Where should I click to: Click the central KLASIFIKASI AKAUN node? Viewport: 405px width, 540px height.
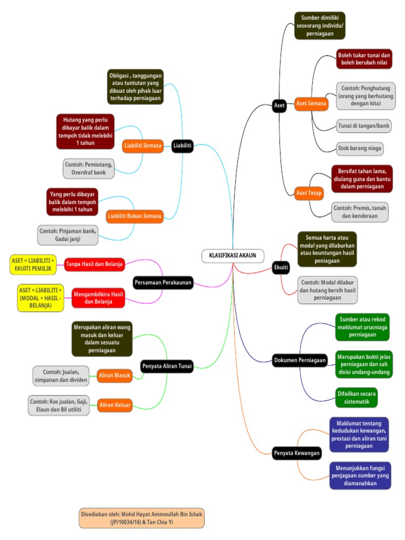pyautogui.click(x=233, y=256)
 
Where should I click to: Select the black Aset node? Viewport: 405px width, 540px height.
pyautogui.click(x=279, y=105)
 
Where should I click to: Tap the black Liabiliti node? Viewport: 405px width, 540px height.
pyautogui.click(x=182, y=146)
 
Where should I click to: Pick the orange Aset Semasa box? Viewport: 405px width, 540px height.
pyautogui.click(x=311, y=104)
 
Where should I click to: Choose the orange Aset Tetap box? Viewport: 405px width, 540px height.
pyautogui.click(x=309, y=193)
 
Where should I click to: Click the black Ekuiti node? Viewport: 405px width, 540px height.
pyautogui.click(x=281, y=268)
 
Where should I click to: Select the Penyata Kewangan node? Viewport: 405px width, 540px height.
pyautogui.click(x=297, y=453)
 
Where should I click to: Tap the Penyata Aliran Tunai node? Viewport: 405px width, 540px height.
pyautogui.click(x=167, y=365)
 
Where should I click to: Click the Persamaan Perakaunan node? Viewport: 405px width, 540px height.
pyautogui.click(x=163, y=283)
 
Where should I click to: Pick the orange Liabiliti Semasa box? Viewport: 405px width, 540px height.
pyautogui.click(x=143, y=146)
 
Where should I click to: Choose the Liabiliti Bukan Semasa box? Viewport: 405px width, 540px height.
pyautogui.click(x=134, y=216)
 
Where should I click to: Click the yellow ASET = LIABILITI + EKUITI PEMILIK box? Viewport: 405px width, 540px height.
pyautogui.click(x=33, y=265)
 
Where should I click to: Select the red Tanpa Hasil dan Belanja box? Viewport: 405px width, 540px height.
pyautogui.click(x=95, y=264)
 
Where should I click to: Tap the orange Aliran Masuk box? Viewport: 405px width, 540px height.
pyautogui.click(x=114, y=375)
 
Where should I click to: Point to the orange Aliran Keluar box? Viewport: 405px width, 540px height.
pyautogui.click(x=115, y=405)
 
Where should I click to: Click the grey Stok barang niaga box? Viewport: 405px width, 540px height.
pyautogui.click(x=360, y=148)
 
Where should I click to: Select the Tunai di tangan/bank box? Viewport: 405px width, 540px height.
pyautogui.click(x=364, y=126)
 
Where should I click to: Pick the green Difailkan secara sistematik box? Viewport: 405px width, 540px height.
pyautogui.click(x=356, y=397)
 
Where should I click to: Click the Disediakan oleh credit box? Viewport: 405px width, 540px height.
pyautogui.click(x=141, y=518)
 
